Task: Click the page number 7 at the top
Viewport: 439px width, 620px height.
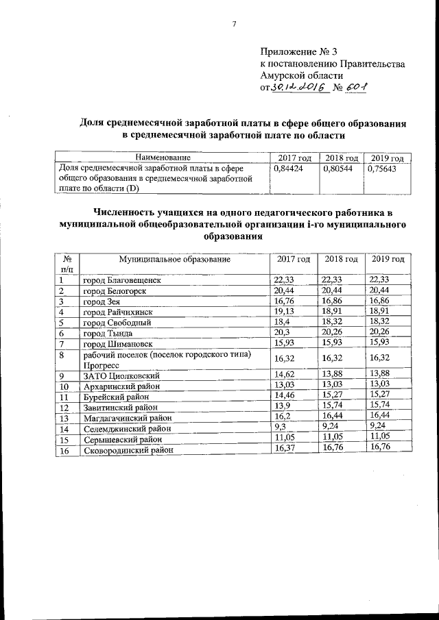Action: (x=234, y=25)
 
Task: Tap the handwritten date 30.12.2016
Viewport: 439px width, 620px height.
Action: (x=297, y=88)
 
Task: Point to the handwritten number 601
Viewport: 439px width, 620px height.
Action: (x=357, y=88)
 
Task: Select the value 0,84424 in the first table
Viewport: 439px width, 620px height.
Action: (x=288, y=166)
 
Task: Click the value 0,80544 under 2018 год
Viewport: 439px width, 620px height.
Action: (x=337, y=166)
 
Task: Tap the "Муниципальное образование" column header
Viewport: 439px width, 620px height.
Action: (x=174, y=260)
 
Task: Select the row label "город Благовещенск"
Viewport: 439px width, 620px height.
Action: (x=122, y=280)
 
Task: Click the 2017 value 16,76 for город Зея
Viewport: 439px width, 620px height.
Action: (x=284, y=301)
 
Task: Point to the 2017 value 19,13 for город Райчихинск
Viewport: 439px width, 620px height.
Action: (x=284, y=312)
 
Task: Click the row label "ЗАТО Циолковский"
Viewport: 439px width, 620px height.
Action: (x=121, y=375)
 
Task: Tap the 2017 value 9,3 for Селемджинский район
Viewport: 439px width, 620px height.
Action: (x=280, y=428)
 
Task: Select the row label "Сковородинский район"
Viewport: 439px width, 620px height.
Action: (x=128, y=450)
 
